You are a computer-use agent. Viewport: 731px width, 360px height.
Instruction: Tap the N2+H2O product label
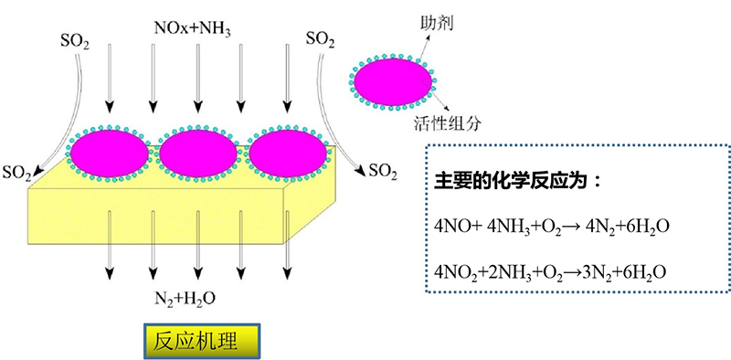coord(185,298)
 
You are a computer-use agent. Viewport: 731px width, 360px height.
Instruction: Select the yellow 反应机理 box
coord(201,342)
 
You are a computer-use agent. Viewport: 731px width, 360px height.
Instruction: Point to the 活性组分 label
coord(447,123)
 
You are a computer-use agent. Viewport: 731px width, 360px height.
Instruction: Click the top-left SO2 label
coord(75,41)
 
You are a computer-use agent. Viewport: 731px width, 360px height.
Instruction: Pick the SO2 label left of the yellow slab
coord(16,174)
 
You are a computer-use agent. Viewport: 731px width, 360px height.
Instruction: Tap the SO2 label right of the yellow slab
coord(382,172)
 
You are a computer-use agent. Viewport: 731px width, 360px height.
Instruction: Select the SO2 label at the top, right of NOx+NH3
coord(321,39)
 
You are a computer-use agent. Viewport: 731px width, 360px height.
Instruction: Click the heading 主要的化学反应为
coord(517,181)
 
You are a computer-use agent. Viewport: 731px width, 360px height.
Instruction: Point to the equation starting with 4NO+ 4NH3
coord(552,228)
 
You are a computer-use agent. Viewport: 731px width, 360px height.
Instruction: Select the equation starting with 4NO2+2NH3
coord(548,271)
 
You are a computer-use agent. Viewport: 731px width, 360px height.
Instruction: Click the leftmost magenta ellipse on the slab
coord(110,154)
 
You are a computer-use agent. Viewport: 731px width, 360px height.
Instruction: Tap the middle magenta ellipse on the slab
coord(198,154)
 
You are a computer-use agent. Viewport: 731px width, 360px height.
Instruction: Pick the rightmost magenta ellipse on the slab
coord(288,154)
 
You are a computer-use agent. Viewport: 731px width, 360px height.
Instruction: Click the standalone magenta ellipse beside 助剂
coord(393,82)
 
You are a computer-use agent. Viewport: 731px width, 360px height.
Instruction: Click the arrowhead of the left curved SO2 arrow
coord(36,175)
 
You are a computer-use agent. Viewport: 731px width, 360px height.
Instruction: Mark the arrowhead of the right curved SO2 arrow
coord(362,172)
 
